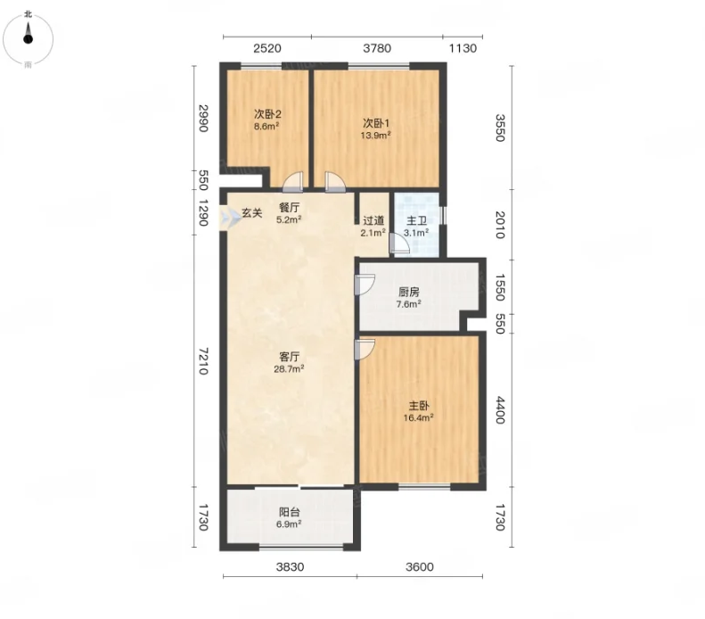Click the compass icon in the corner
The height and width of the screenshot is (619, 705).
pyautogui.click(x=28, y=39)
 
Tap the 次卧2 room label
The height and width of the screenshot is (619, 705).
pyautogui.click(x=267, y=114)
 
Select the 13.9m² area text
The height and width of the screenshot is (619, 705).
pyautogui.click(x=375, y=135)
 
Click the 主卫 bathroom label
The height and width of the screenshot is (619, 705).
pyautogui.click(x=416, y=221)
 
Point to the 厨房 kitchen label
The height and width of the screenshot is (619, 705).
pyautogui.click(x=409, y=293)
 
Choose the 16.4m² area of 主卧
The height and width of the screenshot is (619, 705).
pyautogui.click(x=418, y=418)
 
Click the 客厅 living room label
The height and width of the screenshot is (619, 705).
pyautogui.click(x=289, y=357)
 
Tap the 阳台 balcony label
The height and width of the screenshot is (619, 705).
pyautogui.click(x=290, y=512)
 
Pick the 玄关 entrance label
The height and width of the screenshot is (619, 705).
pyautogui.click(x=251, y=213)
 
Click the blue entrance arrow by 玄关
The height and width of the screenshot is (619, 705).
pyautogui.click(x=230, y=219)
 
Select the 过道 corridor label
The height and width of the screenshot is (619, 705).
pyautogui.click(x=373, y=221)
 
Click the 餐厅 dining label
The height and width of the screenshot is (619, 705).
pyautogui.click(x=289, y=208)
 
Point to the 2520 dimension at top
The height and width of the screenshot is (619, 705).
pyautogui.click(x=267, y=48)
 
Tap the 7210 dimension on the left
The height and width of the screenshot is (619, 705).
pyautogui.click(x=203, y=360)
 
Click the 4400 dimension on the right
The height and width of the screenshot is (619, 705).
pyautogui.click(x=500, y=409)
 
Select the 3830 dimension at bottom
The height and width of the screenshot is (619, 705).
pyautogui.click(x=290, y=566)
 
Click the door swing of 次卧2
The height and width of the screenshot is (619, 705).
pyautogui.click(x=293, y=182)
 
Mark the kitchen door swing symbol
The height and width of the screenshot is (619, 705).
pyautogui.click(x=365, y=285)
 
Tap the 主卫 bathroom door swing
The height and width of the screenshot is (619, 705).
pyautogui.click(x=398, y=243)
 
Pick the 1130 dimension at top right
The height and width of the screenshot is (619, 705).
pyautogui.click(x=463, y=48)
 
